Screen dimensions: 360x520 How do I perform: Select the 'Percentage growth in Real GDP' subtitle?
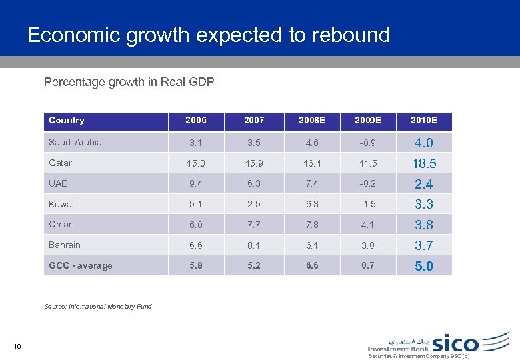(x=129, y=82)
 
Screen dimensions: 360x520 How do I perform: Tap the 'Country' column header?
(x=67, y=121)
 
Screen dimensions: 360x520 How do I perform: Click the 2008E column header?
(x=312, y=121)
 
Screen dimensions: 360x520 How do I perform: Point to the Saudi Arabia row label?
(x=75, y=142)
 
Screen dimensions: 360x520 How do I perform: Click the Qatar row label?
(x=61, y=163)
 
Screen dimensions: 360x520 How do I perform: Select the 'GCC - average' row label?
(x=81, y=265)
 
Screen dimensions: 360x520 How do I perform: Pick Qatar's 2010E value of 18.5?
(x=423, y=163)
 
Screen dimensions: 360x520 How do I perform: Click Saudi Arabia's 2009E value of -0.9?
(x=368, y=143)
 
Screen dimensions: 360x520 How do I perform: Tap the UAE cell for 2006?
(x=196, y=184)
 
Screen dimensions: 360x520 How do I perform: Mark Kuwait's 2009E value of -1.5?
(x=368, y=204)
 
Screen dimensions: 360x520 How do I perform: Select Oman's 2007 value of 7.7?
(x=254, y=225)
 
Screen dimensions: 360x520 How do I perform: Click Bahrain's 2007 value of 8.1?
(x=254, y=245)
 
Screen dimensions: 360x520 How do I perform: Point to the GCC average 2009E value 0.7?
(x=368, y=265)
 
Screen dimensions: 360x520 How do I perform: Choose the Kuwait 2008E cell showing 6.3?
(x=312, y=204)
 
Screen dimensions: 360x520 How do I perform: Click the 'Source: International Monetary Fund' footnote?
(x=98, y=307)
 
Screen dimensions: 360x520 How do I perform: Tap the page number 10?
(x=17, y=345)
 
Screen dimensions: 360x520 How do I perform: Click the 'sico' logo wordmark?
(x=455, y=343)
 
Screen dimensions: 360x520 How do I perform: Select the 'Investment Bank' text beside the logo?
(x=398, y=348)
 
